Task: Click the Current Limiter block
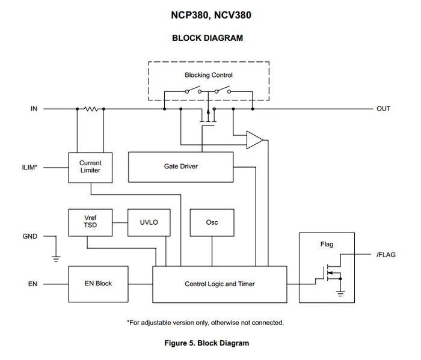tap(90, 166)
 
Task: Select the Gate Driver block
tap(180, 166)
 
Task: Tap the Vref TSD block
tap(90, 222)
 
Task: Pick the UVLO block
tap(149, 222)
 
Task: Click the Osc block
tap(212, 222)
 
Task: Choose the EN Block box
tap(99, 283)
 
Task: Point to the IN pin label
tap(34, 109)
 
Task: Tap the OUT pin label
tap(383, 109)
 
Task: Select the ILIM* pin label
tap(29, 167)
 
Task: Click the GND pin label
tap(30, 236)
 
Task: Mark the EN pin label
tap(32, 284)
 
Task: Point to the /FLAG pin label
tap(386, 255)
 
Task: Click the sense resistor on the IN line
tap(91, 109)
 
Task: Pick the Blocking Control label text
tap(208, 75)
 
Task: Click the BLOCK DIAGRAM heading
tap(207, 38)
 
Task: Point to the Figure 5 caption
tap(207, 343)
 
